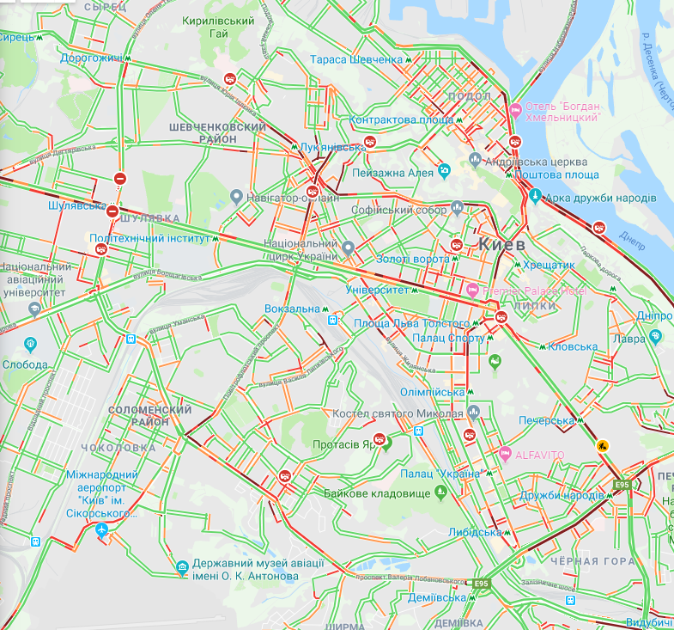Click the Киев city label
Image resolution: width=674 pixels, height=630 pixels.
pyautogui.click(x=501, y=244)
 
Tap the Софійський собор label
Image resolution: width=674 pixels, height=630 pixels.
pyautogui.click(x=399, y=209)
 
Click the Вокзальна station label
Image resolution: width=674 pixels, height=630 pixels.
pyautogui.click(x=292, y=309)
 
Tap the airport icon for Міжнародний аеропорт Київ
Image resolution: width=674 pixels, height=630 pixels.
pyautogui.click(x=103, y=530)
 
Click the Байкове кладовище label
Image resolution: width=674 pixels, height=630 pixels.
pyautogui.click(x=376, y=493)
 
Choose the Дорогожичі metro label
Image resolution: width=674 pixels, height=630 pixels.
pyautogui.click(x=90, y=58)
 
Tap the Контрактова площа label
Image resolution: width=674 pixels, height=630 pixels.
pyautogui.click(x=402, y=119)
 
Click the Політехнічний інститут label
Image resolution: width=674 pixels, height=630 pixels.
pyautogui.click(x=150, y=238)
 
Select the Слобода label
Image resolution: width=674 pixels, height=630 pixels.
pyautogui.click(x=25, y=364)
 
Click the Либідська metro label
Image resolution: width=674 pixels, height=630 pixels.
pyautogui.click(x=475, y=532)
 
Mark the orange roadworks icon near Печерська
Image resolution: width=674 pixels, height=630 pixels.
pyautogui.click(x=604, y=445)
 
